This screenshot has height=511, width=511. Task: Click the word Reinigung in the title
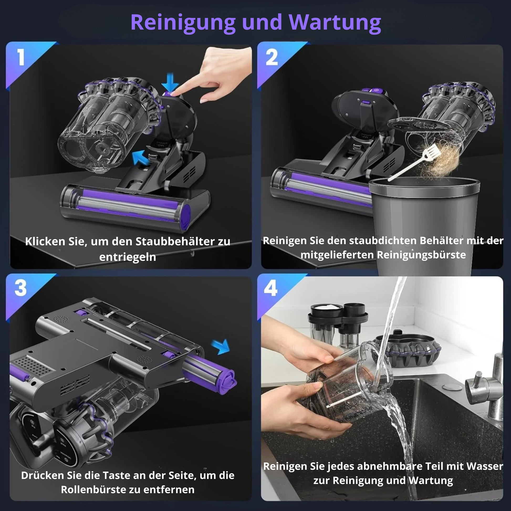(183, 23)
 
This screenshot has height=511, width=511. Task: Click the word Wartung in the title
(335, 23)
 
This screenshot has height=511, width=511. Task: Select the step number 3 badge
(21, 288)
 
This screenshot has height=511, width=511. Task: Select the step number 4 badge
(270, 288)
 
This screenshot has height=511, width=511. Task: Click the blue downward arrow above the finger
(170, 82)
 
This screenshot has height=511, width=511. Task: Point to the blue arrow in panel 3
(221, 347)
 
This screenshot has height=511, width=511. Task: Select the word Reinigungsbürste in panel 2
(421, 255)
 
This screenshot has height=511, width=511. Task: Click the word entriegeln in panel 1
(127, 257)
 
